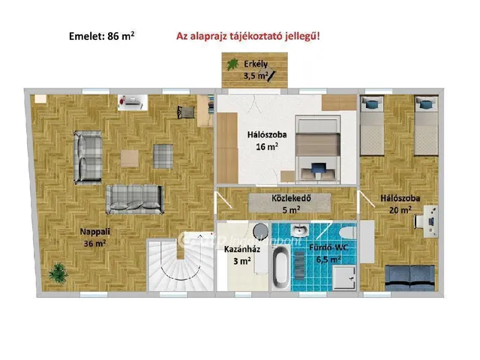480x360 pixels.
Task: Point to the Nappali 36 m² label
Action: pyautogui.click(x=95, y=237)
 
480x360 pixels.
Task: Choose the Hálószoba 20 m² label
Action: pyautogui.click(x=399, y=204)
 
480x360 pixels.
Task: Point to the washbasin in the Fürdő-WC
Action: pyautogui.click(x=300, y=229)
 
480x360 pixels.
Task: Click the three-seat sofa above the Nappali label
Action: pyautogui.click(x=134, y=198)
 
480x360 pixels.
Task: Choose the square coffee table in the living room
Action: pyautogui.click(x=130, y=158)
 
